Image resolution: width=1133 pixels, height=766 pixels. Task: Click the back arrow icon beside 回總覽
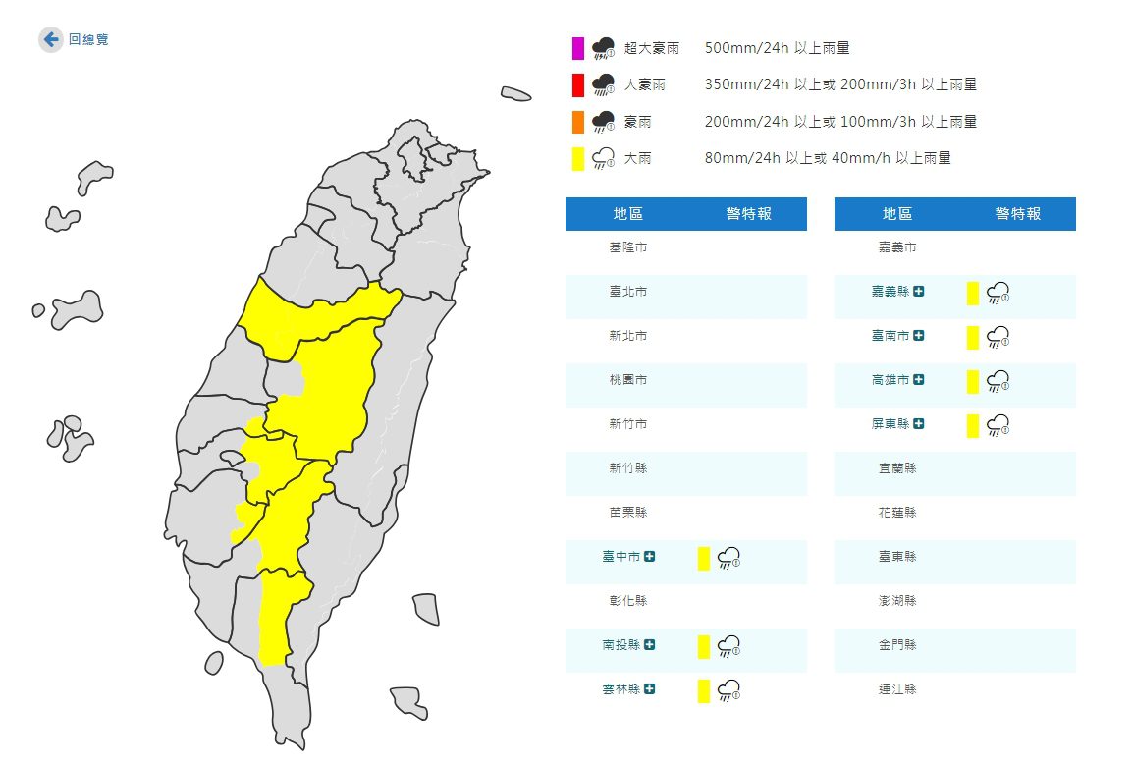[51, 40]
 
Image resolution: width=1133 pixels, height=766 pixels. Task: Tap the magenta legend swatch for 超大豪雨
[578, 48]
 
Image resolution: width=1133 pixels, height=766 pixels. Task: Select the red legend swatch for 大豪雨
[578, 85]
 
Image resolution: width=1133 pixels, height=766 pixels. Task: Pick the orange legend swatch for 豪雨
[578, 122]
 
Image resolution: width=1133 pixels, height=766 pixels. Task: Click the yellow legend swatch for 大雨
[578, 158]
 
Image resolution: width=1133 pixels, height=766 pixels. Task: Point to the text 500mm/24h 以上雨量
[777, 48]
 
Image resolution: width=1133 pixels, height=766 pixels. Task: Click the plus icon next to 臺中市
[649, 556]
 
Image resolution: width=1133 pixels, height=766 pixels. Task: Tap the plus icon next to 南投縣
[649, 644]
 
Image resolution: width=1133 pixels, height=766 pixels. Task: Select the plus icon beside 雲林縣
[649, 688]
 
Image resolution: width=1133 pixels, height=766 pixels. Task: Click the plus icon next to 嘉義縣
[918, 291]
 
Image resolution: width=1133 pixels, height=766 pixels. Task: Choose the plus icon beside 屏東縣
[918, 423]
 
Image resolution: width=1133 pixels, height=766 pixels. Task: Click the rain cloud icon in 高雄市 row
[998, 380]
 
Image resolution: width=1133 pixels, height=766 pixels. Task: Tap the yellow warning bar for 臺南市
[973, 337]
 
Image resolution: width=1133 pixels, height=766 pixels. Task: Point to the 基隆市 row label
[627, 247]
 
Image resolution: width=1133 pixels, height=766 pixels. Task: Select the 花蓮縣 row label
[896, 513]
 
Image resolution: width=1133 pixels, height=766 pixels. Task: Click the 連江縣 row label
[896, 689]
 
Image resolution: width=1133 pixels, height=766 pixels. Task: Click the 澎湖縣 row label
[896, 601]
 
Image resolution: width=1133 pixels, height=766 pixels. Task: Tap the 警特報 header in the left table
[748, 214]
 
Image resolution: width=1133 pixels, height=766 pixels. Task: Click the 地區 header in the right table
[896, 214]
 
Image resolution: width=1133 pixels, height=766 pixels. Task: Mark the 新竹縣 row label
[627, 468]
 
